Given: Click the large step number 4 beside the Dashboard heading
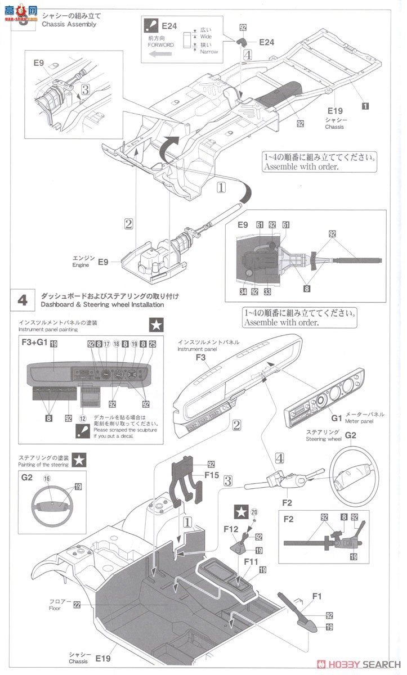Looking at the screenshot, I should pyautogui.click(x=23, y=300).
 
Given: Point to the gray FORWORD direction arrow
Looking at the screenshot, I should pyautogui.click(x=160, y=55).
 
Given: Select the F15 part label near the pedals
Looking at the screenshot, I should pyautogui.click(x=195, y=475).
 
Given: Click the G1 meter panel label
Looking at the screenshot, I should pyautogui.click(x=336, y=418).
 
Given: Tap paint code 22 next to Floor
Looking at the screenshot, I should pyautogui.click(x=77, y=604).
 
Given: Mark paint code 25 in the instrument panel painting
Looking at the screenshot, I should pyautogui.click(x=152, y=344).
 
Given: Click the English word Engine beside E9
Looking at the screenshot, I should pyautogui.click(x=80, y=264).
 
